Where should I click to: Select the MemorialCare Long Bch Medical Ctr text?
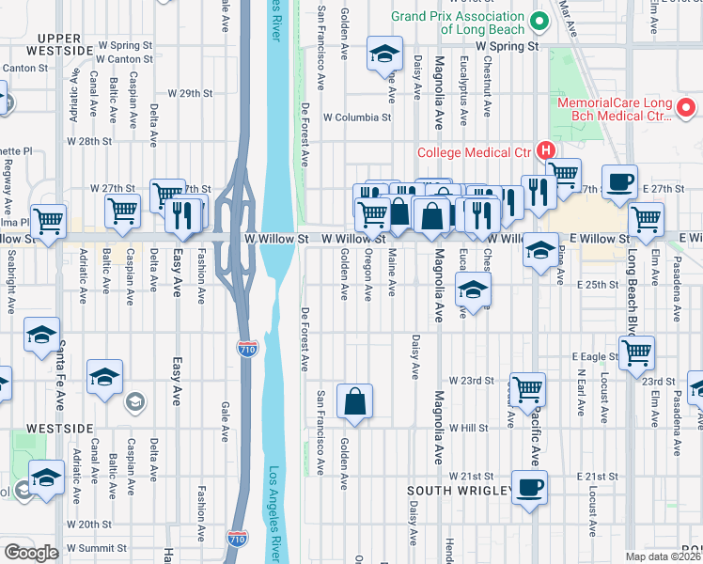click(x=617, y=109)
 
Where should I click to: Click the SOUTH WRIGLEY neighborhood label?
click(x=460, y=491)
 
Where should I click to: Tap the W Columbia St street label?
click(x=356, y=117)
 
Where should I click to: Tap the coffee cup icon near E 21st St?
click(x=530, y=487)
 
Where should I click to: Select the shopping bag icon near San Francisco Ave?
click(x=356, y=401)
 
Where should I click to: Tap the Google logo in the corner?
click(x=31, y=553)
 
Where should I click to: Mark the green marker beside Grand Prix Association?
click(x=539, y=21)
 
